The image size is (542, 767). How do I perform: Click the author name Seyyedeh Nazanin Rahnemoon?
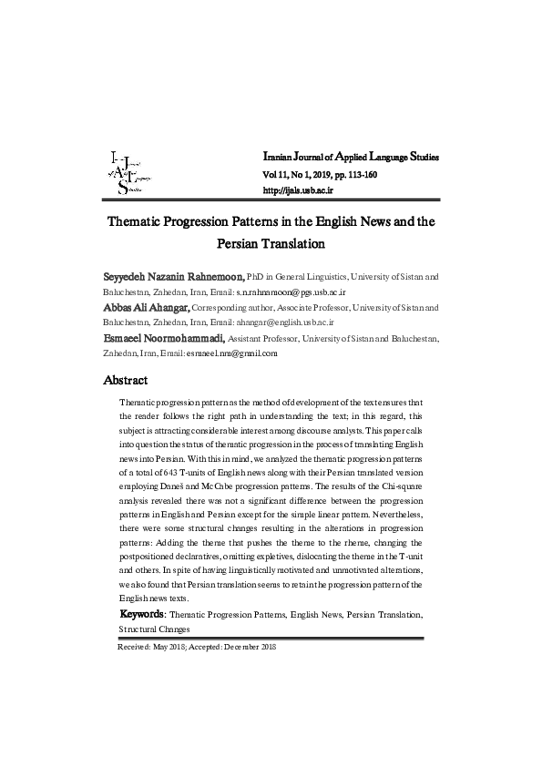(x=174, y=275)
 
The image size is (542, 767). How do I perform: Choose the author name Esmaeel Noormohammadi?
(x=171, y=338)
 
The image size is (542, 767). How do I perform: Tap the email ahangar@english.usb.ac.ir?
(x=285, y=322)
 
